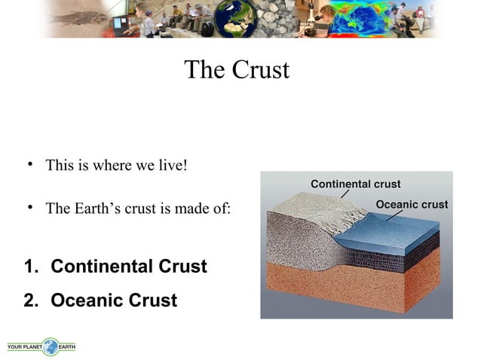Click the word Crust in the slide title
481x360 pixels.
261,70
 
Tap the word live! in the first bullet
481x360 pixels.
170,165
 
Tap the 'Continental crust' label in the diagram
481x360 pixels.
355,185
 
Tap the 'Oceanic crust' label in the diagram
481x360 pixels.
411,205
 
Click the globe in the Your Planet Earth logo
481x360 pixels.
51,346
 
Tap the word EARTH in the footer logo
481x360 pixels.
67,346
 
